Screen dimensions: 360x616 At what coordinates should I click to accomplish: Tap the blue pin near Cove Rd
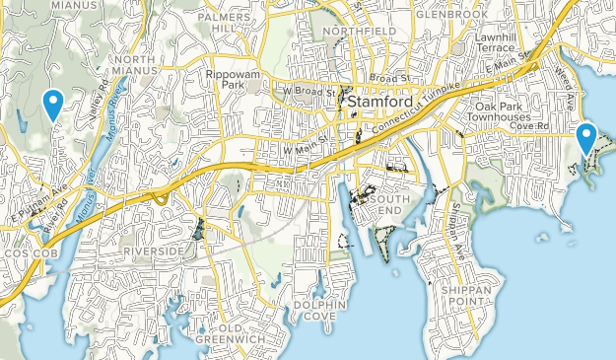coord(587,137)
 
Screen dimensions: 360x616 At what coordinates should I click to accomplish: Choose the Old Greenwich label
coord(230,334)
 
